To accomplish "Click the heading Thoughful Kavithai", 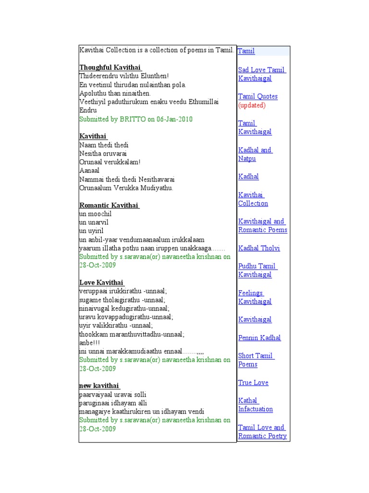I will point(110,67).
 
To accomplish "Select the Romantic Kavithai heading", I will point(109,206).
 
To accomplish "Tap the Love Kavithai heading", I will point(101,283).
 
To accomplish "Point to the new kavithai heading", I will point(99,386).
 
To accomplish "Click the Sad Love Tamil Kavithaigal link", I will point(262,74).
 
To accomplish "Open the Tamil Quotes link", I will point(258,96).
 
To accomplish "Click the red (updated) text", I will point(252,105).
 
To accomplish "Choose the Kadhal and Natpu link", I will point(255,154).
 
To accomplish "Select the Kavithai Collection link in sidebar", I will point(253,199).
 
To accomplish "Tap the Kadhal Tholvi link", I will point(259,248).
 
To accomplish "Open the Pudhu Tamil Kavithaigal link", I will point(258,271).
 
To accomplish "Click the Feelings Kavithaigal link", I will point(255,297).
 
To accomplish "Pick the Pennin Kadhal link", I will point(259,338).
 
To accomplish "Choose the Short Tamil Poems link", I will point(256,360).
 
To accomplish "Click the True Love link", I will point(253,383).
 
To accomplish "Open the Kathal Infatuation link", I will point(255,405).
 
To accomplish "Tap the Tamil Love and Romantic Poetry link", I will point(262,431).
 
